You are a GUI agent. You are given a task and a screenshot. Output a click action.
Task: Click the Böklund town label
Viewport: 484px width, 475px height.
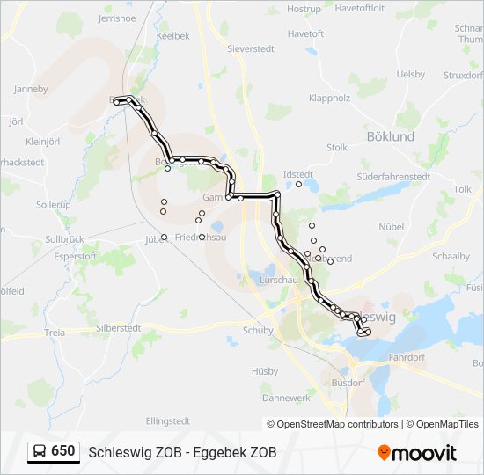coord(390,136)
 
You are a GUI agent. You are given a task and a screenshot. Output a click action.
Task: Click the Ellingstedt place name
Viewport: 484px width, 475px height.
coord(168,421)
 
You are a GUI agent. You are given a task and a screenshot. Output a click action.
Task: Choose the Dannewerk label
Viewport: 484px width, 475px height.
coord(287,398)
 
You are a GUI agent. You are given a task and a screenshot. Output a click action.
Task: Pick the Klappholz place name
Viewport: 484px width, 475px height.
coord(330,99)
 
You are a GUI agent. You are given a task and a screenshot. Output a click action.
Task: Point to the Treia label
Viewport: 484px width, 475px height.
coord(55,332)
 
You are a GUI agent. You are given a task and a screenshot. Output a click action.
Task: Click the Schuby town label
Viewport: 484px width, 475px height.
coord(258,331)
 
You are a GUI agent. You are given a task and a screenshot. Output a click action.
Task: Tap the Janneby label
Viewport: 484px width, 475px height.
coord(31,89)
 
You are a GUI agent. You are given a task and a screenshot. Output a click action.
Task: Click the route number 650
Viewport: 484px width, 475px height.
coord(63,451)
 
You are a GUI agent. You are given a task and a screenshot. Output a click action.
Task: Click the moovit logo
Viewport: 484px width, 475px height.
coord(417,453)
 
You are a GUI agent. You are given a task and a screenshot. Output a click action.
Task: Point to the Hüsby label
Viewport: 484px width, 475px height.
coord(264,370)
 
